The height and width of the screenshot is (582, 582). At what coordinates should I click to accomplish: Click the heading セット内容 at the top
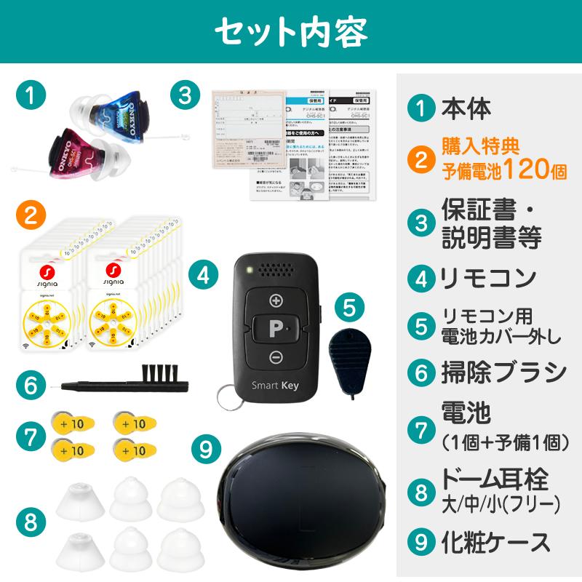point(291,31)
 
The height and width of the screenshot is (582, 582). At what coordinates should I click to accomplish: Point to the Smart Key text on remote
point(273,386)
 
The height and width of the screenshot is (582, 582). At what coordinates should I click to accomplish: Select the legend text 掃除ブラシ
point(503,372)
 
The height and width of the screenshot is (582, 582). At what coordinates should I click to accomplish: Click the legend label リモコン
point(488,277)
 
